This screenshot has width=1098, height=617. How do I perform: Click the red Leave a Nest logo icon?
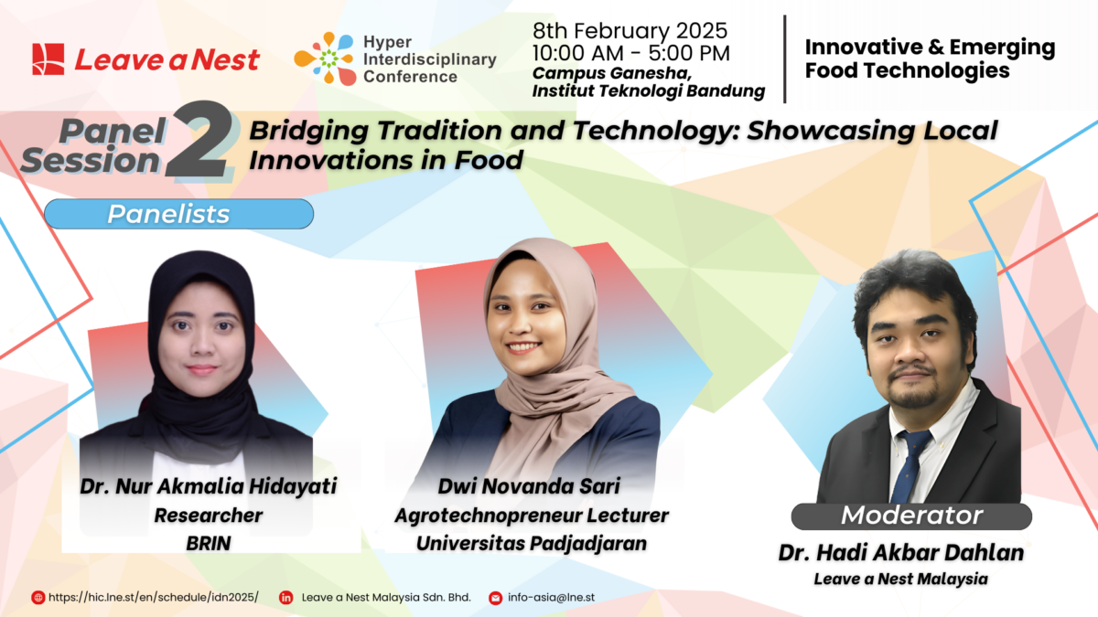point(48,59)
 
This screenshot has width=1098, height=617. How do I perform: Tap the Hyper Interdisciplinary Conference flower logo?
point(323,59)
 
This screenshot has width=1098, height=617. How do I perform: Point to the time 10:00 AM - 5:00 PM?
point(630,53)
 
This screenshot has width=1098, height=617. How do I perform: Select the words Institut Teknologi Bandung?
point(648,90)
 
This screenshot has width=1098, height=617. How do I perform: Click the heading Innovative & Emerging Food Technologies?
point(930,59)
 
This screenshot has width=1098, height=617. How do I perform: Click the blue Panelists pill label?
point(178,214)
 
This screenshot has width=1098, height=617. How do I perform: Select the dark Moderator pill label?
point(911,516)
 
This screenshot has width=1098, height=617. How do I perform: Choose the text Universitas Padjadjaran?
point(531,542)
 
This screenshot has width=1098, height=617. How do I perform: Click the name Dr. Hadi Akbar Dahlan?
point(901,553)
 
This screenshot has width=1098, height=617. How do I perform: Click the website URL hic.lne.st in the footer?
point(153,597)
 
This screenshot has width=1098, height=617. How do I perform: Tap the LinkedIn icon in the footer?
point(285,597)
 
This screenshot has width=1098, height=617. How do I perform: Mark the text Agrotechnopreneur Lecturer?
point(531,515)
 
